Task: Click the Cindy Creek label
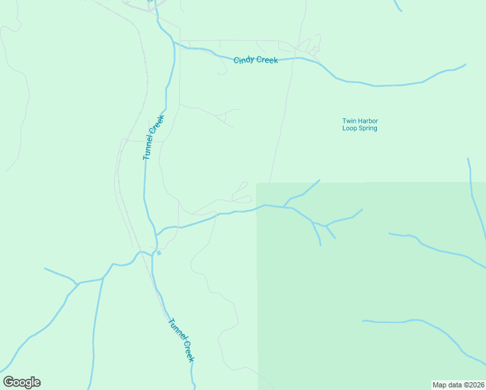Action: [255, 60]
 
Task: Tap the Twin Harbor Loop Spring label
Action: [359, 124]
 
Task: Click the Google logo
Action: [21, 382]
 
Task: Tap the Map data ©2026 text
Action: [458, 384]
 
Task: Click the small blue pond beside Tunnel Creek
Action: [159, 253]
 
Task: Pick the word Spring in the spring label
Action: [366, 128]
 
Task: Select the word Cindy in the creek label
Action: [244, 60]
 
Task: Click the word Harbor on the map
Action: [368, 121]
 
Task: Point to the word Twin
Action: [349, 121]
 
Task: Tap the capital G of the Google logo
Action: [8, 382]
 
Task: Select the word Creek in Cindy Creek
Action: [267, 60]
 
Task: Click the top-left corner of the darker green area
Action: [257, 183]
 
